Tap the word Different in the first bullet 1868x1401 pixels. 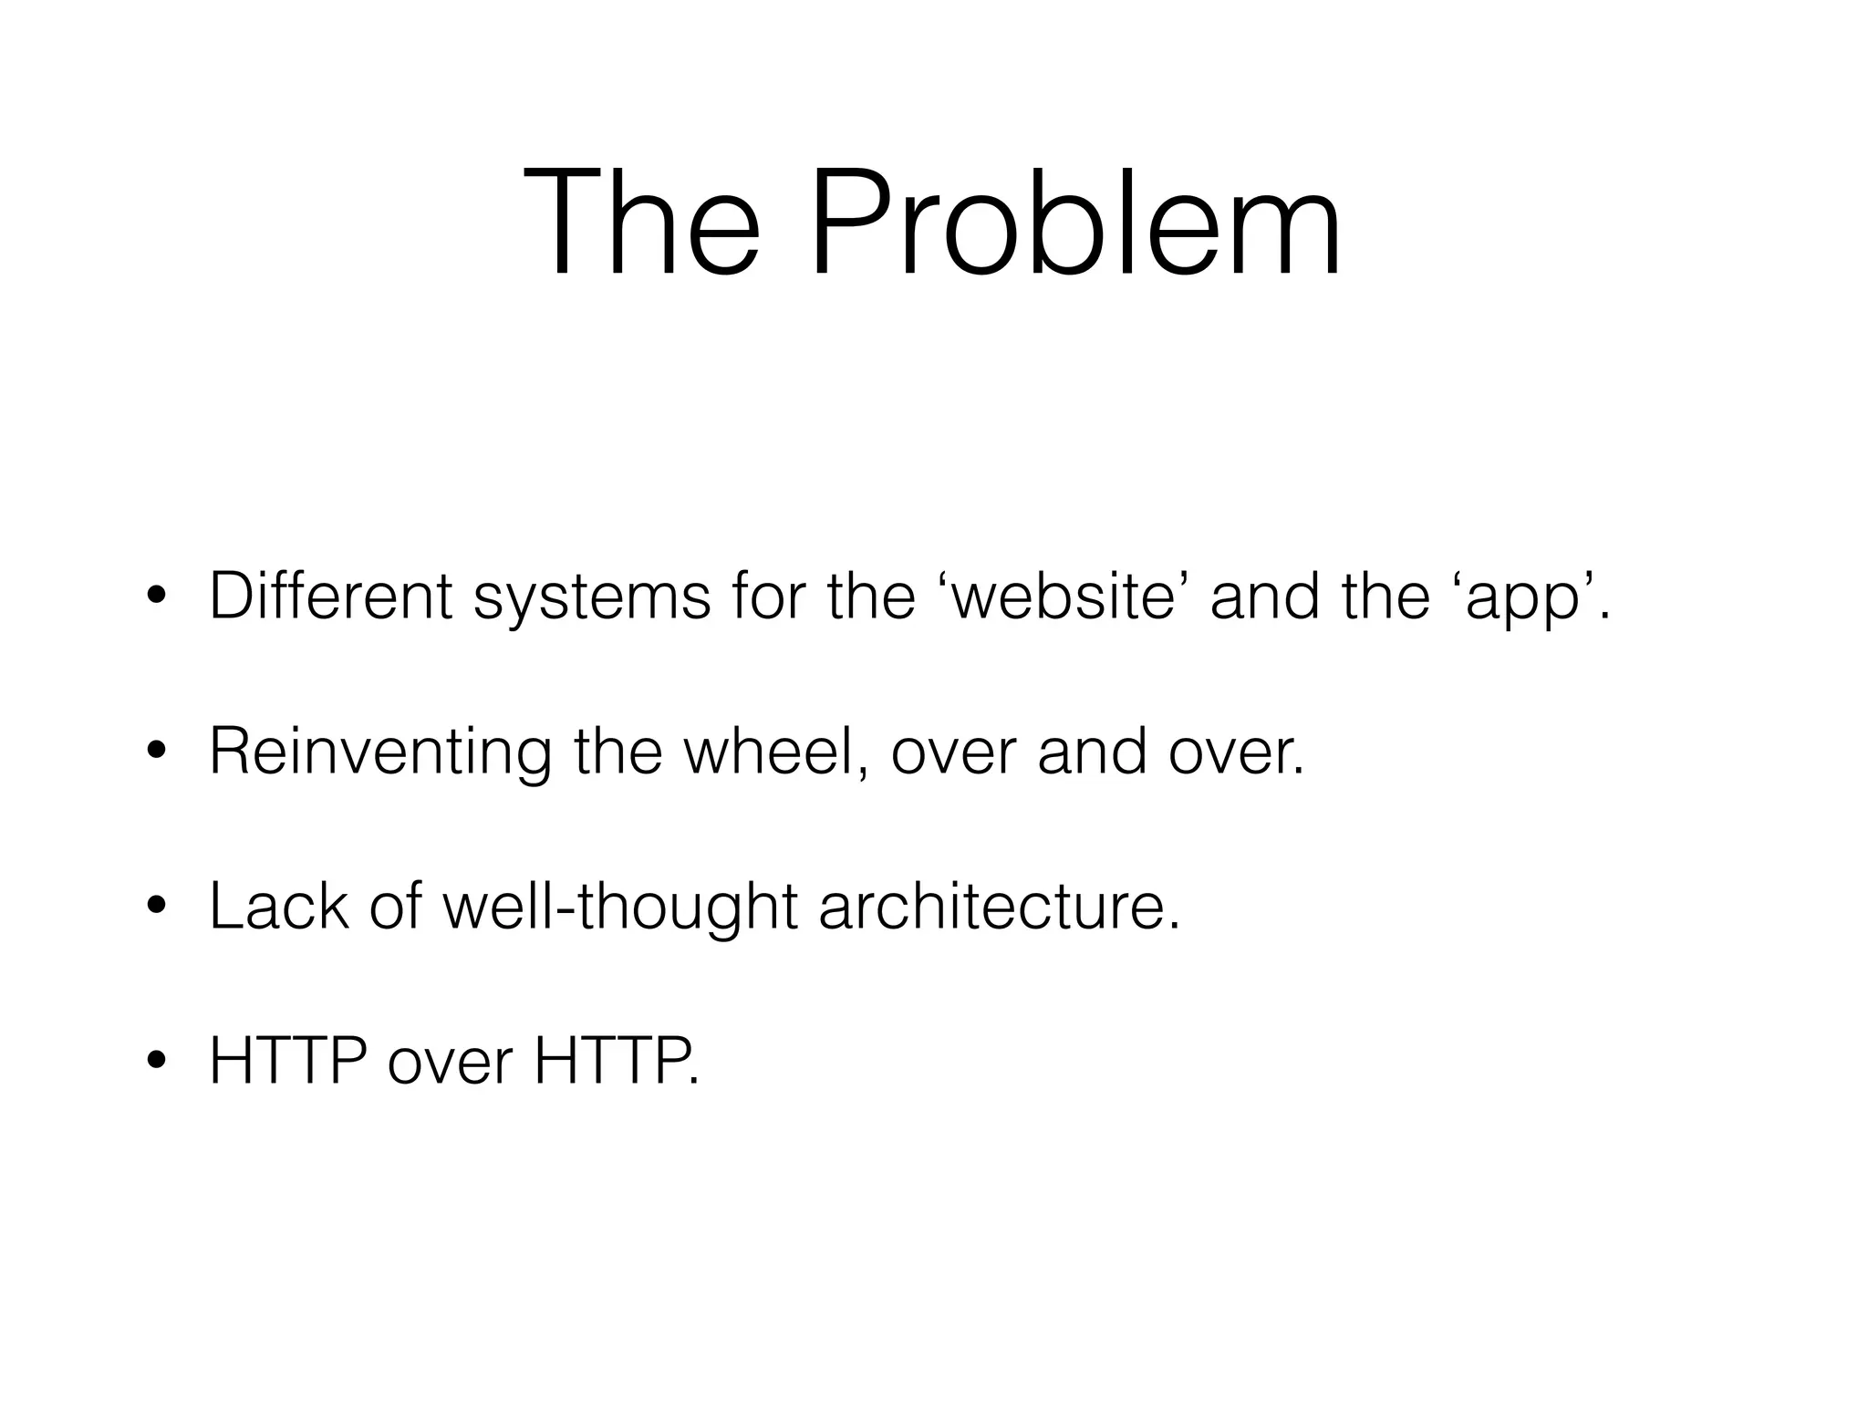point(330,597)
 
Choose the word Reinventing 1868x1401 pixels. point(380,754)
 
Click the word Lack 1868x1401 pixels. point(278,908)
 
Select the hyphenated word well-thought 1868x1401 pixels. point(620,909)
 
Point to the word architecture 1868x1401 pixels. point(999,908)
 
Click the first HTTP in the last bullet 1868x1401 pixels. point(287,1063)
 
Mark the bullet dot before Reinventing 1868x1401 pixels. point(157,754)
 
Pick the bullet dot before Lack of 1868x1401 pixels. point(157,909)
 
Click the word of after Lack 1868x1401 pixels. point(395,908)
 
